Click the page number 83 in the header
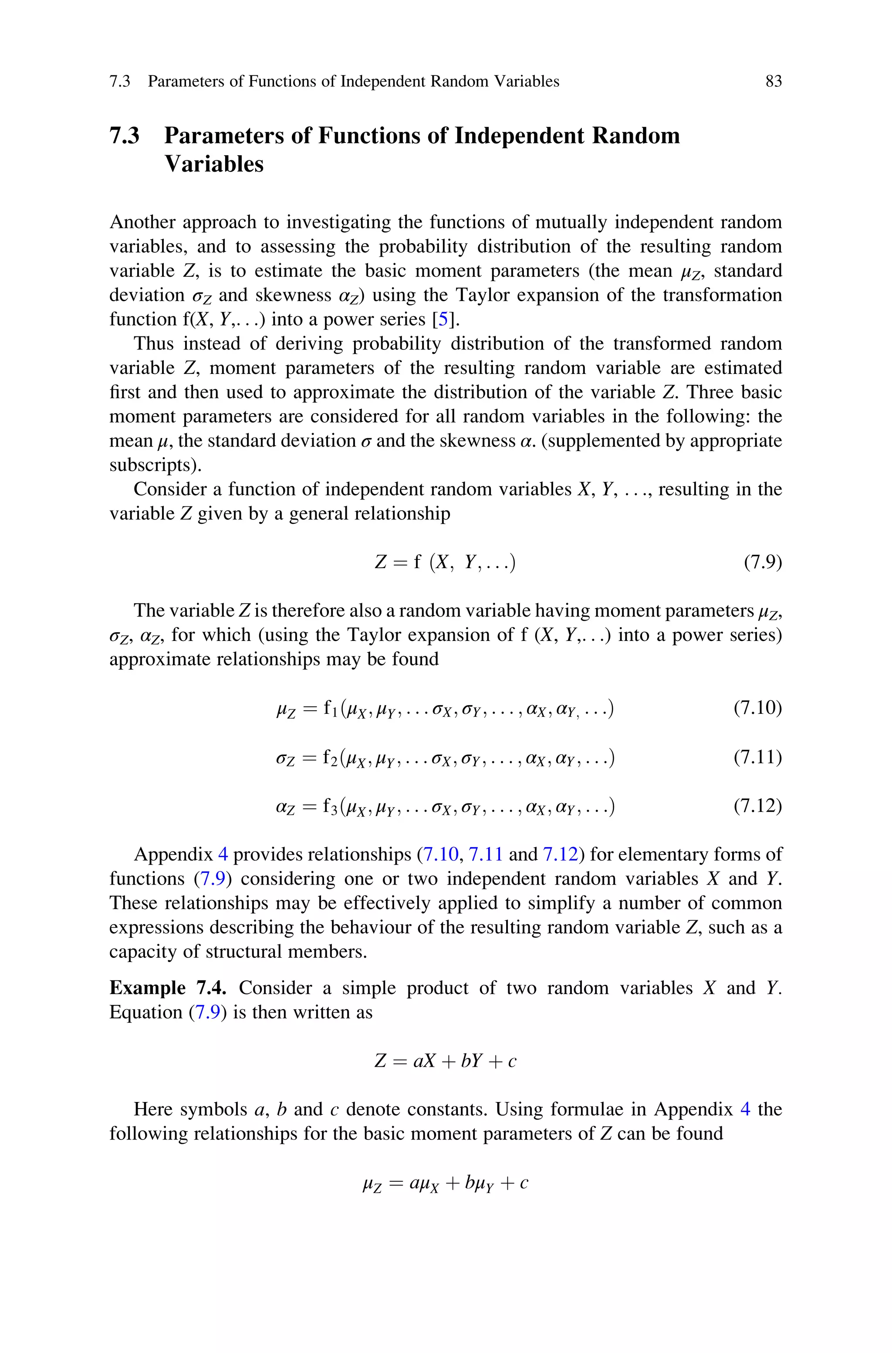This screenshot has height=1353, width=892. pyautogui.click(x=773, y=81)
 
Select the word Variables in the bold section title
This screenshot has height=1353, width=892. pyautogui.click(x=214, y=164)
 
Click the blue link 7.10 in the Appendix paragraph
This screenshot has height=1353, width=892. pyautogui.click(x=440, y=855)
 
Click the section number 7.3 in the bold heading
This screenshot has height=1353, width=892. pyautogui.click(x=125, y=136)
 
